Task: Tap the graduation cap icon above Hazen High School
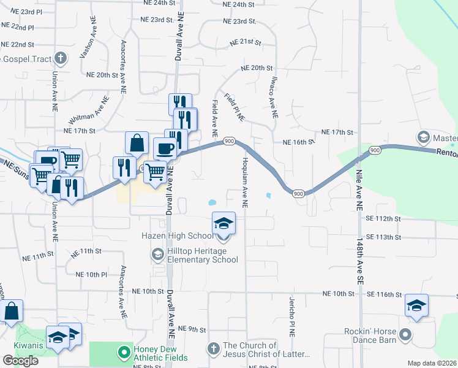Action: pos(223,223)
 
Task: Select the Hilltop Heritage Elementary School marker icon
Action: pos(157,254)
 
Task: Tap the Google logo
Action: pos(20,361)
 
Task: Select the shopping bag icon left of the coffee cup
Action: pos(137,143)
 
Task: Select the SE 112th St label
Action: pos(383,218)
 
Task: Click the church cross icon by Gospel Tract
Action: pos(60,59)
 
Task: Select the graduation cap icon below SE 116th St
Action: pos(416,306)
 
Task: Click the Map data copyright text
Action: pos(432,363)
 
